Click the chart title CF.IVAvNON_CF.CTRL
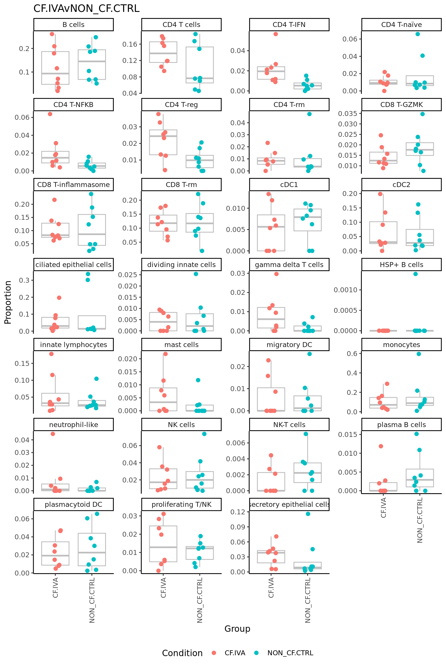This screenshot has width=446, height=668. point(86,8)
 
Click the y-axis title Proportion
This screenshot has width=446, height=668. point(8,302)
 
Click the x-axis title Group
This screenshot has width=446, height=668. point(237,629)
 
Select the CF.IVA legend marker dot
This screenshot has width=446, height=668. point(214,653)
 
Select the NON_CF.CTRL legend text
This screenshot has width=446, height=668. point(290,653)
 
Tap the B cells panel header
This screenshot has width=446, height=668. point(73,25)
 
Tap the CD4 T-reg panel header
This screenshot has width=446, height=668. point(181,105)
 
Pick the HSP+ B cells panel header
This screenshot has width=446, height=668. point(401,265)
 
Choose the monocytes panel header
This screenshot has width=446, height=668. point(401,345)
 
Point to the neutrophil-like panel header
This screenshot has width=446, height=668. point(73,425)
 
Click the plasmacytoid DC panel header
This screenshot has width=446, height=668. point(73,504)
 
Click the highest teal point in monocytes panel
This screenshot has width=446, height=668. point(419,354)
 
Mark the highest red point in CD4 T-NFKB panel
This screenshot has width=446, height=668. point(50,114)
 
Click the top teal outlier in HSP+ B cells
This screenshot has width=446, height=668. point(416,274)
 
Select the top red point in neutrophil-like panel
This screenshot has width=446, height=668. point(53,434)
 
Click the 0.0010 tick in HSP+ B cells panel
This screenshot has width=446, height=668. point(345,290)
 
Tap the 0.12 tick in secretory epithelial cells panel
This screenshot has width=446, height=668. point(238,512)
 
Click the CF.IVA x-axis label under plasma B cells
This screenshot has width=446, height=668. point(383,507)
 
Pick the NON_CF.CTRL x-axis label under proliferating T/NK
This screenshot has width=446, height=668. point(200,600)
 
